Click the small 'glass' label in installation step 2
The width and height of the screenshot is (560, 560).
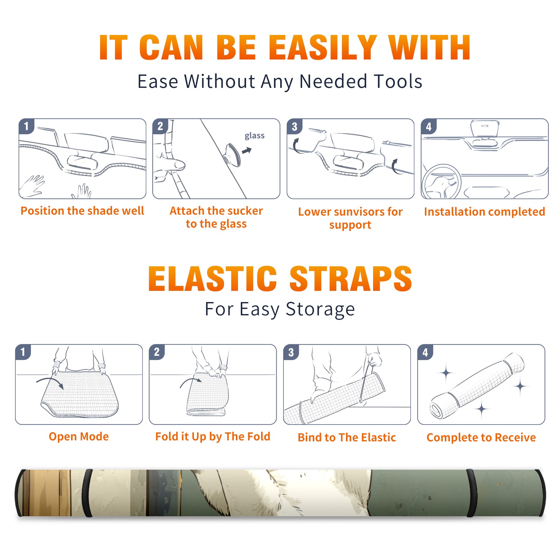[x=254, y=136]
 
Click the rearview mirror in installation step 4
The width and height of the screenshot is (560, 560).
[x=485, y=129]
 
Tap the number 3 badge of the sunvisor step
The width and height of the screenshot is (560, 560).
[x=294, y=126]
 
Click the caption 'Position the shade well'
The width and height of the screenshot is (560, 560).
[x=82, y=211]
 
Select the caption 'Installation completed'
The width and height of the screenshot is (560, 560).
[x=484, y=212]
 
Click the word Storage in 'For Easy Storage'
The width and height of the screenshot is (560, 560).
[x=320, y=309]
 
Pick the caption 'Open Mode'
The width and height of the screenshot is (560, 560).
[x=79, y=436]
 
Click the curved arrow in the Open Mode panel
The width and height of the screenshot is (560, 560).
[x=49, y=379]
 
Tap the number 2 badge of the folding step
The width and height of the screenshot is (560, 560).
[x=157, y=352]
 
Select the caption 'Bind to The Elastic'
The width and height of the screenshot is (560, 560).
[x=347, y=437]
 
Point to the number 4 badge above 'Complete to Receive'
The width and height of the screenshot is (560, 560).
[x=425, y=352]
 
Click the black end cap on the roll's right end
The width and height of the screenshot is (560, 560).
[x=541, y=493]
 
